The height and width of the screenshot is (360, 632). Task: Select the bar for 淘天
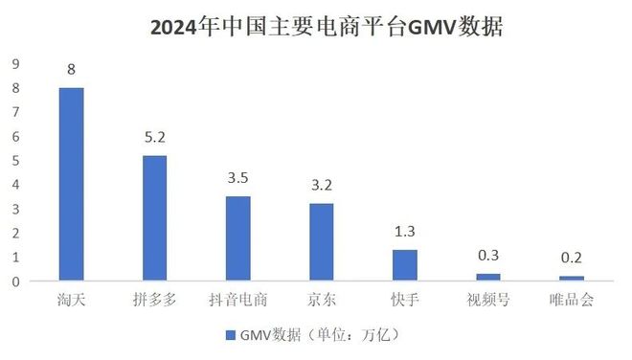[71, 184]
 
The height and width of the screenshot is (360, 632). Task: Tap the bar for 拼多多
[154, 218]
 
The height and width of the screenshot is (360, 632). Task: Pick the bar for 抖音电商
[237, 238]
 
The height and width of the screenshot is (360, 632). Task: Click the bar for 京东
[321, 242]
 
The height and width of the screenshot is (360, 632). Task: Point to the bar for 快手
[404, 265]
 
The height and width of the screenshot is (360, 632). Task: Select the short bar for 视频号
[487, 277]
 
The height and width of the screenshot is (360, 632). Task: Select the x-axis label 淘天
[71, 300]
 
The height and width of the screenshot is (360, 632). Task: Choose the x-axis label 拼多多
[154, 300]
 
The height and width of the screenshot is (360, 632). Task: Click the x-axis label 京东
[321, 300]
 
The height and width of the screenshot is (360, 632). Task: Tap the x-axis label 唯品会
[571, 300]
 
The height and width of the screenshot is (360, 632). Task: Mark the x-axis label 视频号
[487, 300]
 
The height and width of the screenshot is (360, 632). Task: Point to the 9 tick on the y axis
[15, 64]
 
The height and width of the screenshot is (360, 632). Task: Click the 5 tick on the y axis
[15, 161]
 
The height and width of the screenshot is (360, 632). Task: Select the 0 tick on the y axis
[15, 281]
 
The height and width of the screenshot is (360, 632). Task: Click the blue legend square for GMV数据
[229, 335]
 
